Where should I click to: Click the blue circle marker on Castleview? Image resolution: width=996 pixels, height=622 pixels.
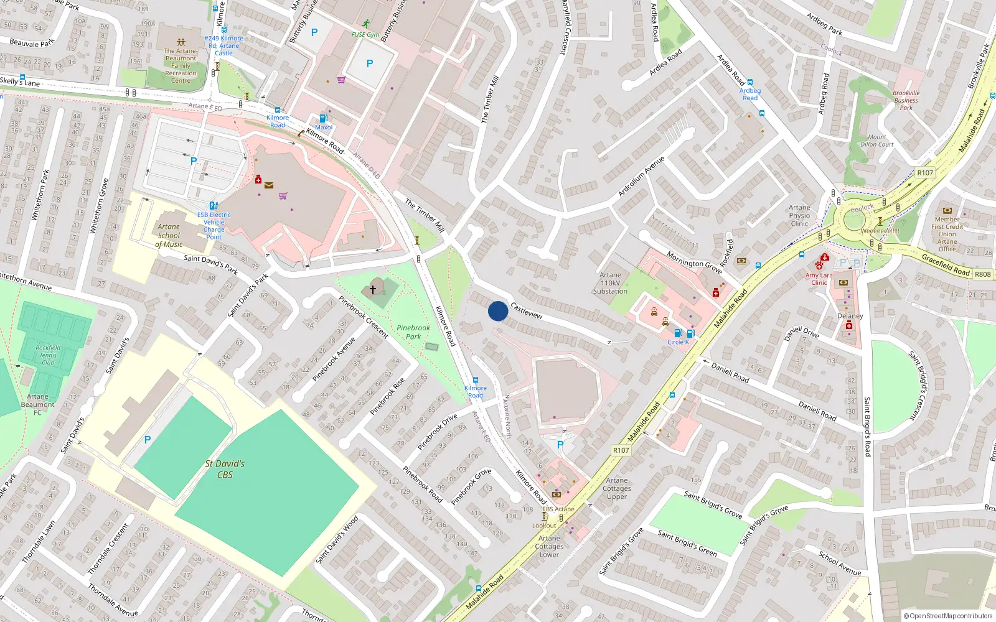(498, 311)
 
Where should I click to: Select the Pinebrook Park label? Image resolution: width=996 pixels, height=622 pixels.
(413, 332)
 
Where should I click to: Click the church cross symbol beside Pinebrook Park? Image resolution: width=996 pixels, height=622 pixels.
(373, 289)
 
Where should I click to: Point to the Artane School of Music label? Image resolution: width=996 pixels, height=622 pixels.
(169, 236)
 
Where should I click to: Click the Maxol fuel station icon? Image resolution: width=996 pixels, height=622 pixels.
(323, 118)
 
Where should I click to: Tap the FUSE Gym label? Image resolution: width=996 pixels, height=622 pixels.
(365, 35)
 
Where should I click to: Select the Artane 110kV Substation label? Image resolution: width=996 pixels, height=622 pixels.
(610, 283)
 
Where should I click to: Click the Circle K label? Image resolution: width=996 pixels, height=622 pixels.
(678, 342)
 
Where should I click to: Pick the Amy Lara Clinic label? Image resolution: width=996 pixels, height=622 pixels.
(819, 279)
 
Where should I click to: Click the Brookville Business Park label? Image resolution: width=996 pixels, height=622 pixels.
(906, 100)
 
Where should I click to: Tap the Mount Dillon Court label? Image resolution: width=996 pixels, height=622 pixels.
(877, 141)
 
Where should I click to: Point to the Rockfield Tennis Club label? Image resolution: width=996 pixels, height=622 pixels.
(48, 355)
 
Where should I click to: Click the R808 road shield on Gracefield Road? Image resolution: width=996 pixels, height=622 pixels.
(982, 274)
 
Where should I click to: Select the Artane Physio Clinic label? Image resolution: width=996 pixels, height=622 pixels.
(799, 216)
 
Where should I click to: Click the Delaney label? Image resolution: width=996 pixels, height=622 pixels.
(850, 316)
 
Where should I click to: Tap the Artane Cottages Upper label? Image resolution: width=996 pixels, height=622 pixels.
(617, 488)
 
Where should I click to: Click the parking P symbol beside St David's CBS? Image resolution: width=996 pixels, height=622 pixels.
(148, 440)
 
